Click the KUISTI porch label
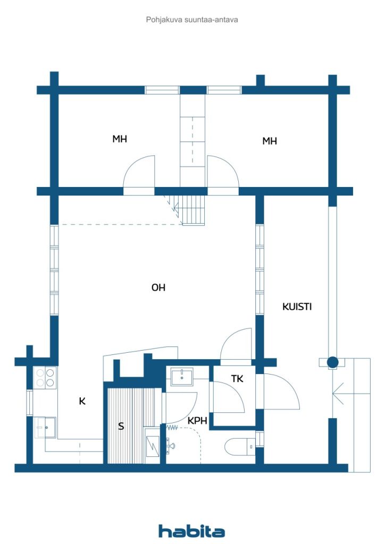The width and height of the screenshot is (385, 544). (x=297, y=307)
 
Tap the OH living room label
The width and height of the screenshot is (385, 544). (x=158, y=287)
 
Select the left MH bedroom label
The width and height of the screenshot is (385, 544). (x=120, y=139)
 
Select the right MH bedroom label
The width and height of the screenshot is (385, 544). (x=270, y=141)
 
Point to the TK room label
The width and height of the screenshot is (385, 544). (x=237, y=378)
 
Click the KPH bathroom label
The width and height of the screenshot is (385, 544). (x=197, y=421)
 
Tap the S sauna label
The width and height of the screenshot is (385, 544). (x=121, y=426)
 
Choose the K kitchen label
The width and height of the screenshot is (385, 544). (x=82, y=401)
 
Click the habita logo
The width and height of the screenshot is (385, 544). (x=191, y=531)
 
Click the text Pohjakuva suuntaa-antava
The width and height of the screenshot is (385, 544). (x=192, y=20)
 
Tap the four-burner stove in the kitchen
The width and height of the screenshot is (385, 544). (x=46, y=378)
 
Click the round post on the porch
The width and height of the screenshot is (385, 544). (x=332, y=362)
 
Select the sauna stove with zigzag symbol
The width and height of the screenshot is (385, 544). (x=153, y=446)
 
